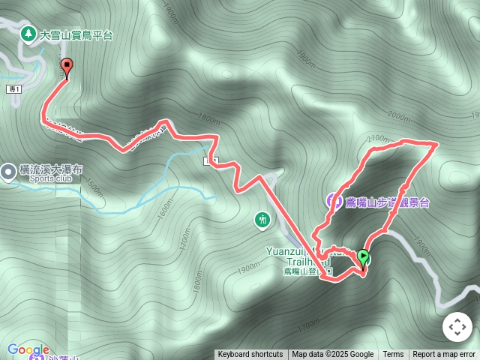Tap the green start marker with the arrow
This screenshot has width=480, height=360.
click(364, 259)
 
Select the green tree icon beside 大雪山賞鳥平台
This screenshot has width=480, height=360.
click(28, 34)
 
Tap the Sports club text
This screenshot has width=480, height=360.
click(51, 179)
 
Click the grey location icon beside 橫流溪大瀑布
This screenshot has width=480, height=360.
click(8, 172)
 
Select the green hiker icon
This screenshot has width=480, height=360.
click(262, 220)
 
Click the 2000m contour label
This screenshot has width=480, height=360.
click(399, 116)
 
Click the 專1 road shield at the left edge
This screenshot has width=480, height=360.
click(14, 89)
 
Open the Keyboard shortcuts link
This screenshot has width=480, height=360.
click(250, 355)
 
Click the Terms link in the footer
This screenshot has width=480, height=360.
click(393, 355)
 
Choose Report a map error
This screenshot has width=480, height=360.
click(444, 355)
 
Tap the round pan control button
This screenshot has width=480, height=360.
click(457, 327)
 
